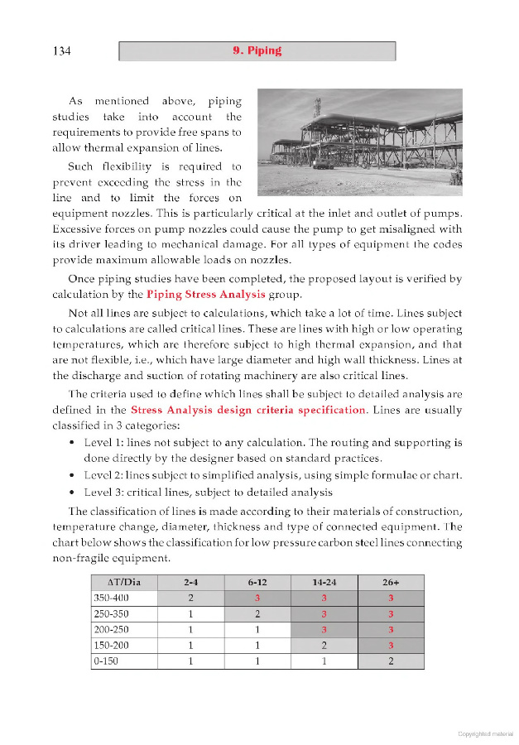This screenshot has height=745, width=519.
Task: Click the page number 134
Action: tap(61, 51)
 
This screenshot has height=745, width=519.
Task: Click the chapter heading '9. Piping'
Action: tap(257, 50)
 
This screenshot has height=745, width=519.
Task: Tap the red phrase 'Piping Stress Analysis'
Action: tap(206, 294)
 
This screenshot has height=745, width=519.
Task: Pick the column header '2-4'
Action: tap(190, 583)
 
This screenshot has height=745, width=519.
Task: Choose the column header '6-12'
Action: tap(257, 583)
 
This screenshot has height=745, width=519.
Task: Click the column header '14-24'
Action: tap(324, 583)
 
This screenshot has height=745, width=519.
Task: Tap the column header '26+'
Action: tap(390, 583)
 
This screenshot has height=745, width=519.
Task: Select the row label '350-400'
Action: tap(112, 598)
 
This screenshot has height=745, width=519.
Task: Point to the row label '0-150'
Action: tap(107, 661)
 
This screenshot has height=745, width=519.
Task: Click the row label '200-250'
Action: tap(112, 629)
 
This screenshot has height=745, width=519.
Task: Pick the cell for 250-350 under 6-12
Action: tap(257, 613)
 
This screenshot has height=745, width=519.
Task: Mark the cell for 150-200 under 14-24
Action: tap(324, 645)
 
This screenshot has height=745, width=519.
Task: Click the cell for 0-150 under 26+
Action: tap(390, 661)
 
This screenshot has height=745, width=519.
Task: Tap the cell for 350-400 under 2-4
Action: tap(190, 598)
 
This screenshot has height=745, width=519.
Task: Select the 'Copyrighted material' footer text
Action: tap(485, 733)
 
